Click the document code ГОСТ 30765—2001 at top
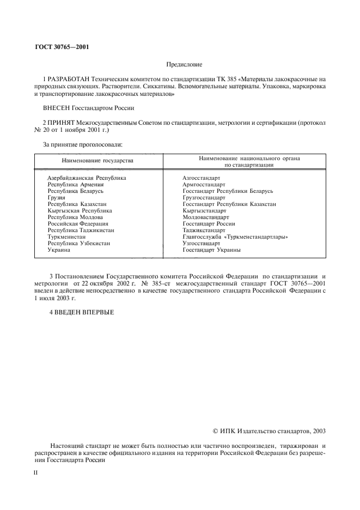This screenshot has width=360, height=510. point(62,46)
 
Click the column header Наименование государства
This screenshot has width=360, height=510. point(97,161)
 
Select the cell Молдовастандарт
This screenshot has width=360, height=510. point(205,217)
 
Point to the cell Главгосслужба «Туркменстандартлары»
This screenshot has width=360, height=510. point(235,237)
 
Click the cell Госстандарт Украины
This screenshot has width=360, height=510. point(211,250)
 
